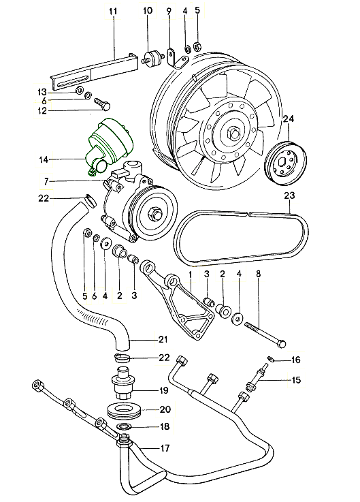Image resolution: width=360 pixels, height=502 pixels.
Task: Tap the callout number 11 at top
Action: click(x=113, y=11)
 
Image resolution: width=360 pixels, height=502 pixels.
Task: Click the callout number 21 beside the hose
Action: click(x=163, y=339)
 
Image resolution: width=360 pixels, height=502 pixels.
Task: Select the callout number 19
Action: click(x=163, y=390)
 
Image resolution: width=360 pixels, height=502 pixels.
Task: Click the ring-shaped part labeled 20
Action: click(x=125, y=411)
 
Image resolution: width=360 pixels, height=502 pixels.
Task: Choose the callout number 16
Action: click(x=296, y=359)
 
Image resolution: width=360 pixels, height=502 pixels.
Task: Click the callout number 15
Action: click(x=296, y=381)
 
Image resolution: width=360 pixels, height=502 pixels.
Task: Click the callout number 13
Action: click(x=42, y=91)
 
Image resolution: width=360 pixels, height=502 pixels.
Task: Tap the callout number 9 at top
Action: click(x=169, y=11)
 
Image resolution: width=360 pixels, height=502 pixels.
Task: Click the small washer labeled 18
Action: click(x=124, y=427)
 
